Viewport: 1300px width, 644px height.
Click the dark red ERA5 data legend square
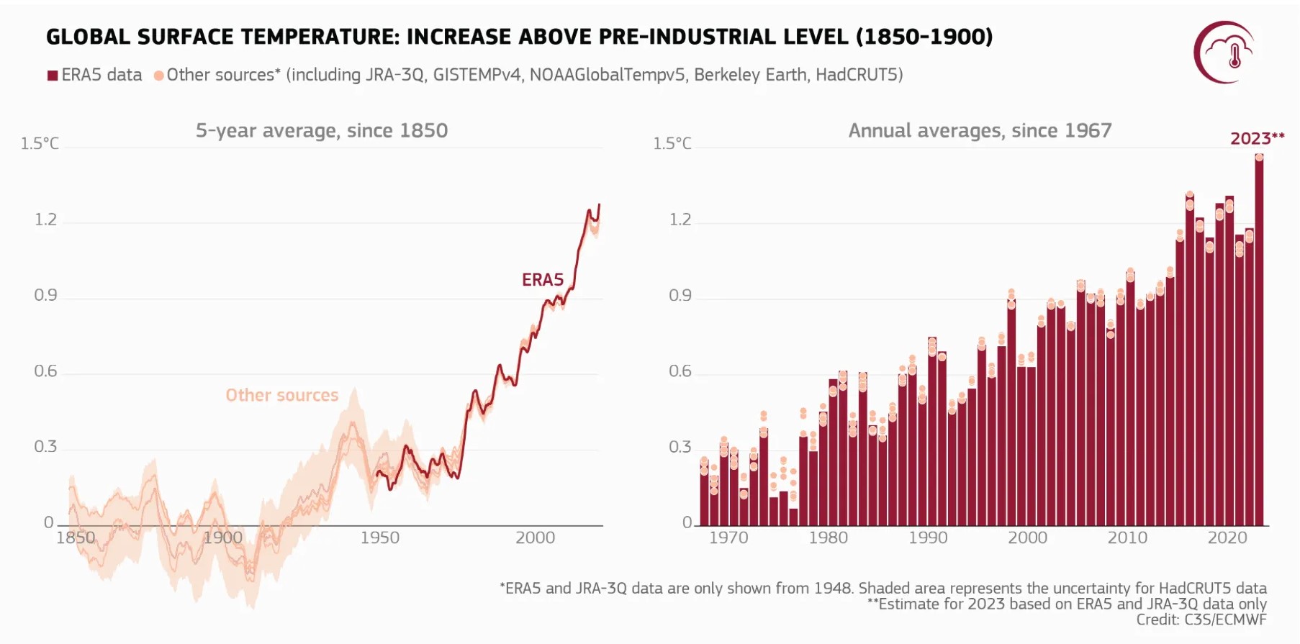53,76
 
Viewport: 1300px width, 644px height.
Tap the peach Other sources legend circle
159,76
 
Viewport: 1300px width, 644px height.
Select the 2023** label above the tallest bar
1257,138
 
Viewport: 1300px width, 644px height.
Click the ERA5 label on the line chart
543,280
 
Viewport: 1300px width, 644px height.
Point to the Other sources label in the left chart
281,395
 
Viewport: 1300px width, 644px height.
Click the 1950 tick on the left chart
379,538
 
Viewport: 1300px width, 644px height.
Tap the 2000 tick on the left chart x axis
535,538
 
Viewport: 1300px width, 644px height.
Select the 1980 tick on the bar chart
828,538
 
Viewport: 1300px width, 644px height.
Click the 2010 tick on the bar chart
1127,538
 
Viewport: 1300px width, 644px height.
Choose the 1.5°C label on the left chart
40,144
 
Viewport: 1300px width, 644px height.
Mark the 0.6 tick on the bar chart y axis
680,371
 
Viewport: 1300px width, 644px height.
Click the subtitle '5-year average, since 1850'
322,130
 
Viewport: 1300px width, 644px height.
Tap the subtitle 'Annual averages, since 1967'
980,130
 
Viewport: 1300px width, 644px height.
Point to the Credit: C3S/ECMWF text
1201,620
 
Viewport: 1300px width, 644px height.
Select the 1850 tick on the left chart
76,538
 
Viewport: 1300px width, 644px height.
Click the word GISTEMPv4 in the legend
477,75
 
